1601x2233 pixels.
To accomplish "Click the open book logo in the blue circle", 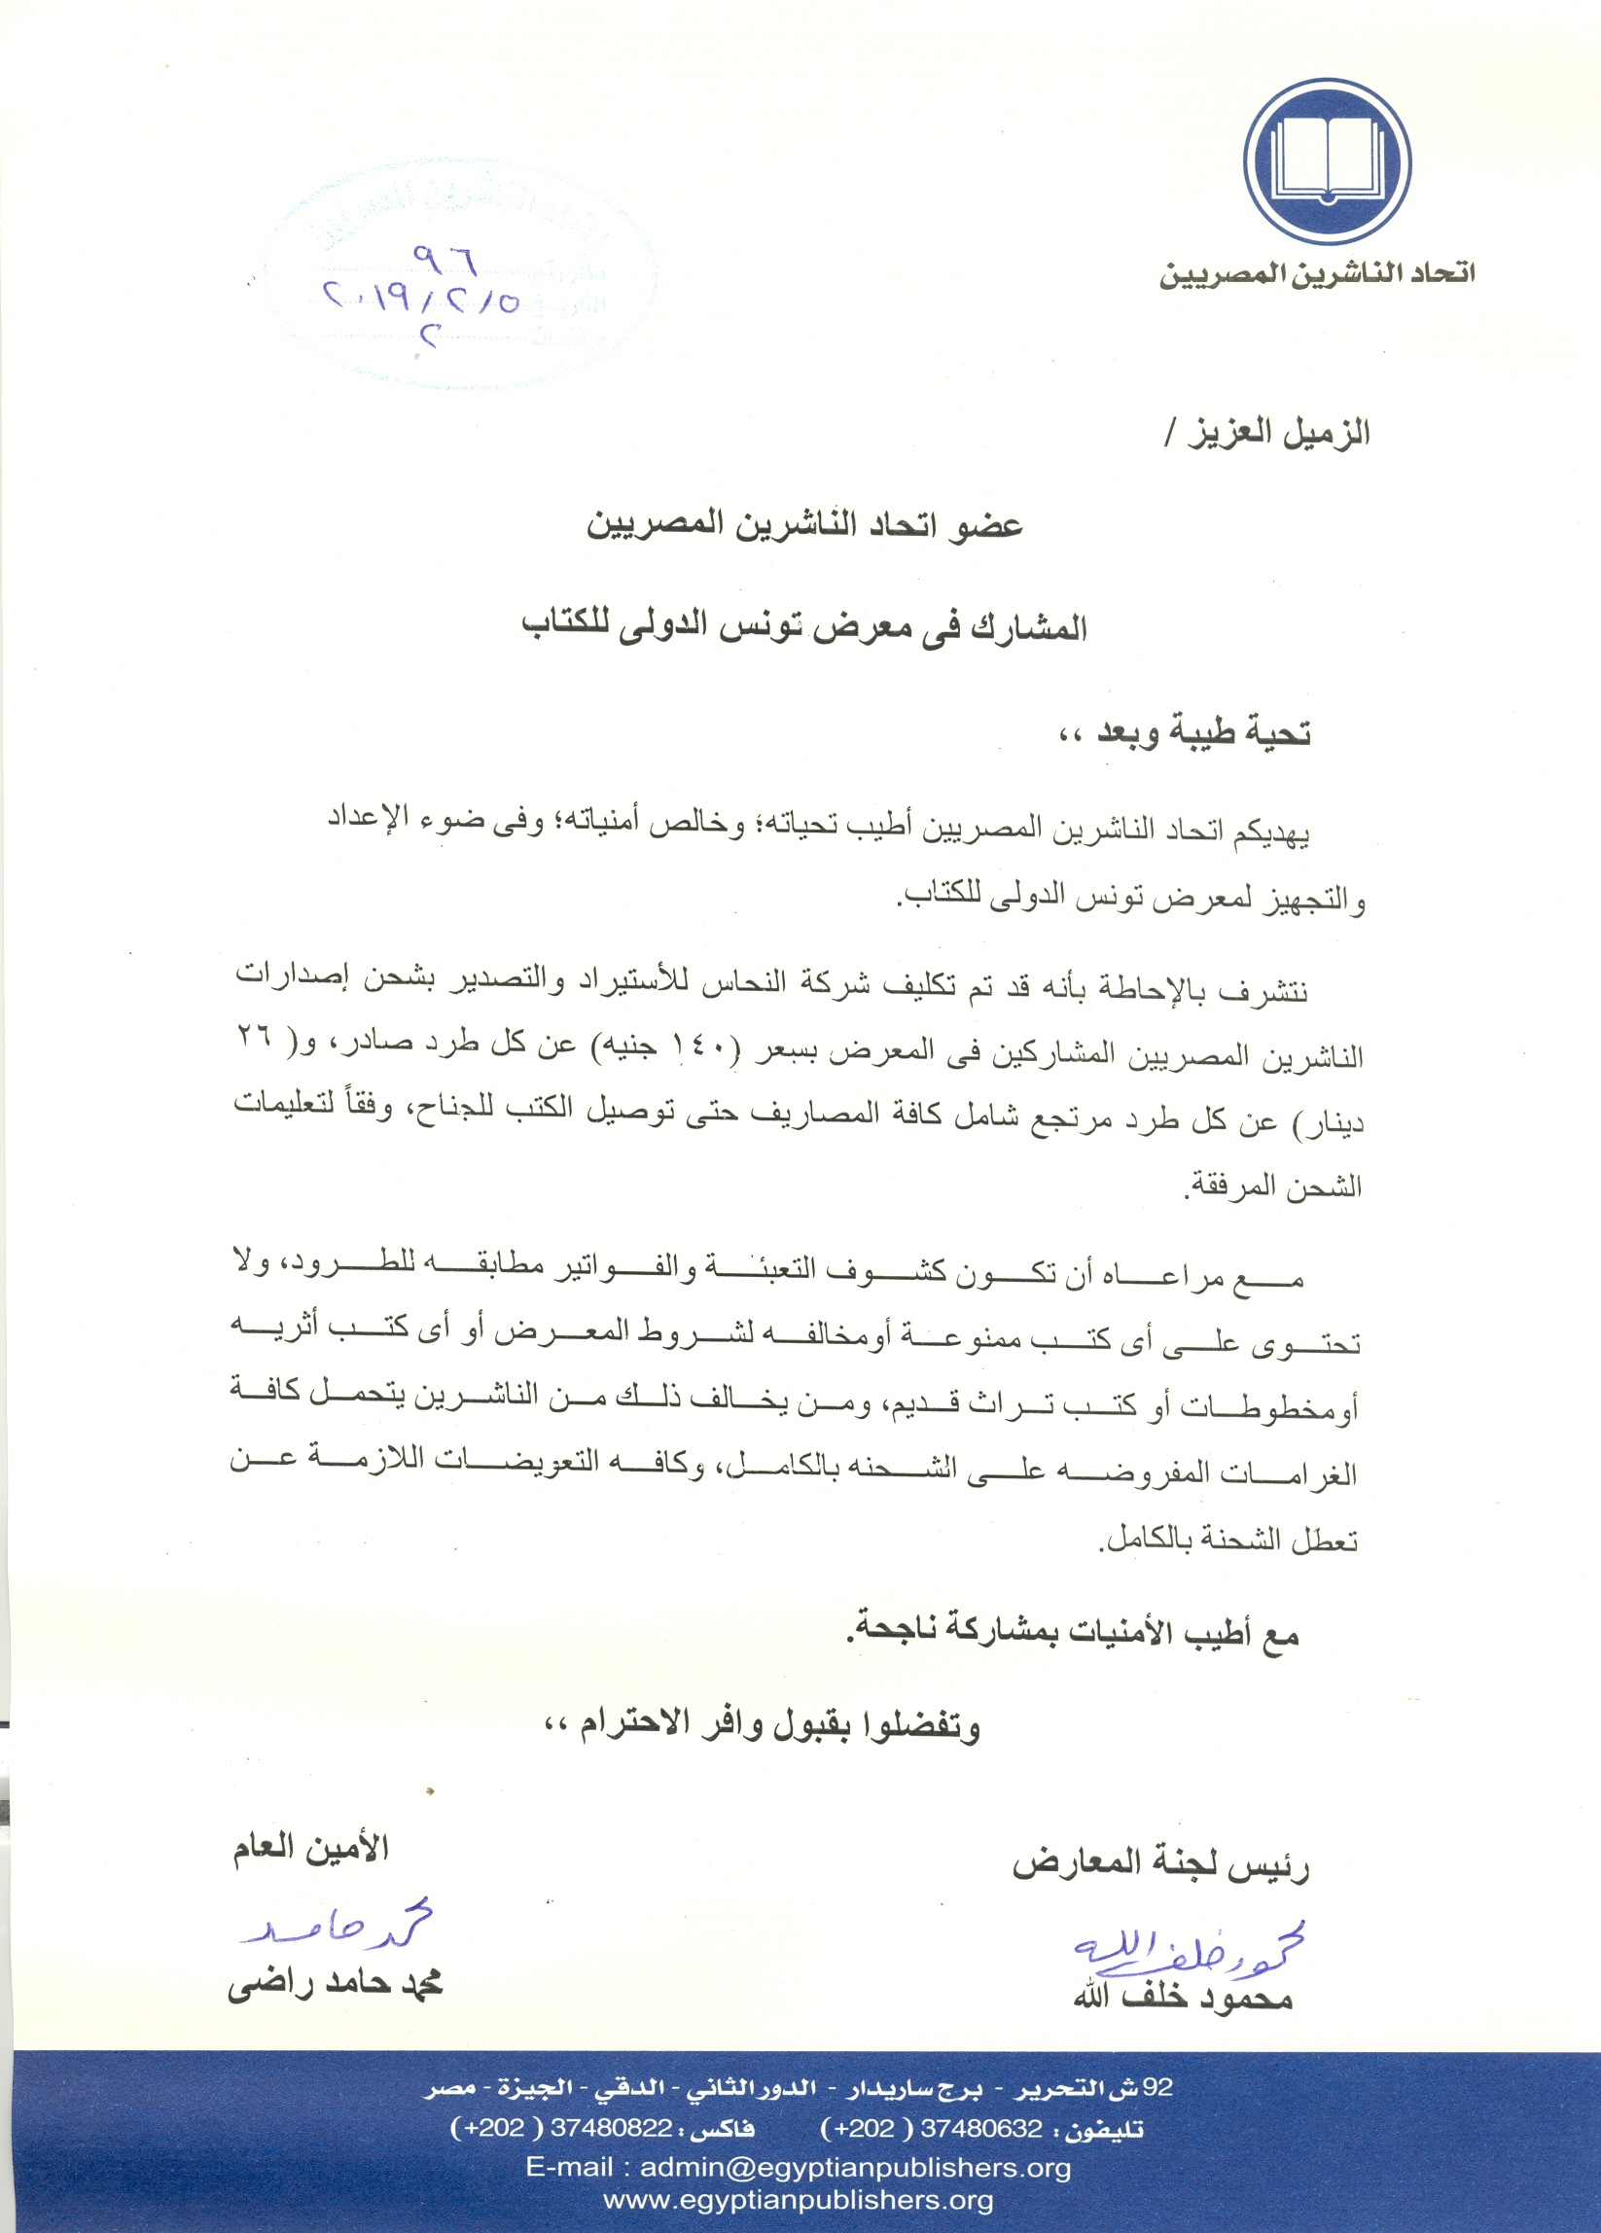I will tap(1327, 162).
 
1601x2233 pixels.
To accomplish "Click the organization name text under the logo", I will tap(1316, 273).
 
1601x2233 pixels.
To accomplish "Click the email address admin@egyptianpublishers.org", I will tap(855, 2167).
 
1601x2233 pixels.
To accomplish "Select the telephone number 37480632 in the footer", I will tap(980, 2129).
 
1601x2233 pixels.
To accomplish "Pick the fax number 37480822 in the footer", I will tap(611, 2129).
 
